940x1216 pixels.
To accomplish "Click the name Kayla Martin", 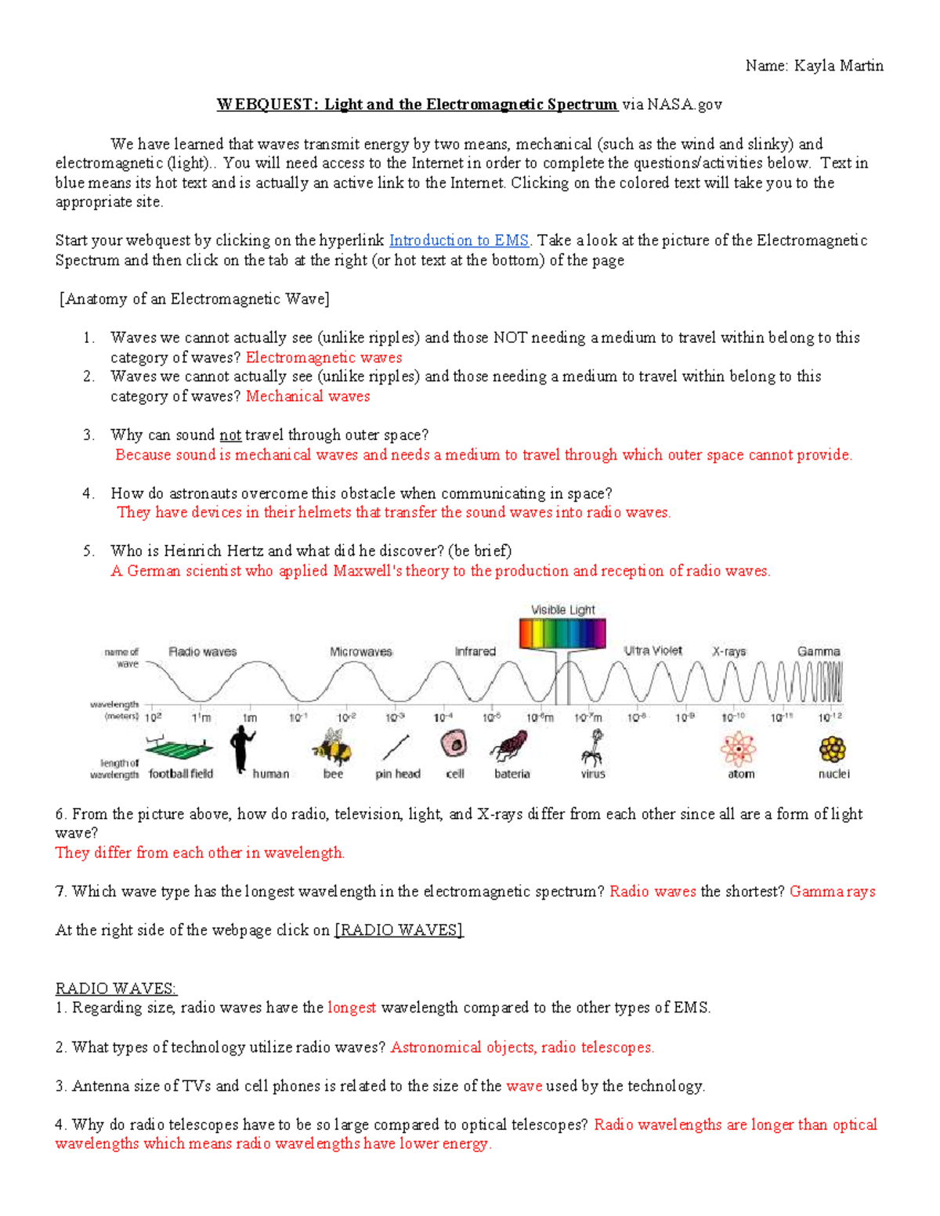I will click(x=838, y=66).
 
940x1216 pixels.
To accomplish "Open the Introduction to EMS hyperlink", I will click(x=458, y=240).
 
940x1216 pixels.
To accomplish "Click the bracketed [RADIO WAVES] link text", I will click(x=399, y=930).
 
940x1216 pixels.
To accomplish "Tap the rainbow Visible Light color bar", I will click(x=562, y=633).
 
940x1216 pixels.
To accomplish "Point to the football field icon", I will click(x=179, y=748).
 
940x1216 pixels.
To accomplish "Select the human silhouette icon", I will click(x=241, y=748).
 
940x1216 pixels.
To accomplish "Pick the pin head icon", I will click(x=397, y=748).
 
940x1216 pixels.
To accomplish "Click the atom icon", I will click(x=738, y=749).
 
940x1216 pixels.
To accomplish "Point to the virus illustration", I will click(x=593, y=748).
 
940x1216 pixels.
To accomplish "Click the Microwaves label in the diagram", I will click(x=360, y=651).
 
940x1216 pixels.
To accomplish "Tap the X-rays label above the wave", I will click(x=728, y=651).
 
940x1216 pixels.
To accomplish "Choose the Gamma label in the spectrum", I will click(x=819, y=651).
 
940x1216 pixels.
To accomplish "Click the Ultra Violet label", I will click(x=653, y=651).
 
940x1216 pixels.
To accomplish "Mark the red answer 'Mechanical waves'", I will click(x=308, y=396).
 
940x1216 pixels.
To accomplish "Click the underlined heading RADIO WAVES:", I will click(x=116, y=988).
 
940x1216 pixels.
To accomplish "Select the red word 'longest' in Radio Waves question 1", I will click(x=352, y=1008).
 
